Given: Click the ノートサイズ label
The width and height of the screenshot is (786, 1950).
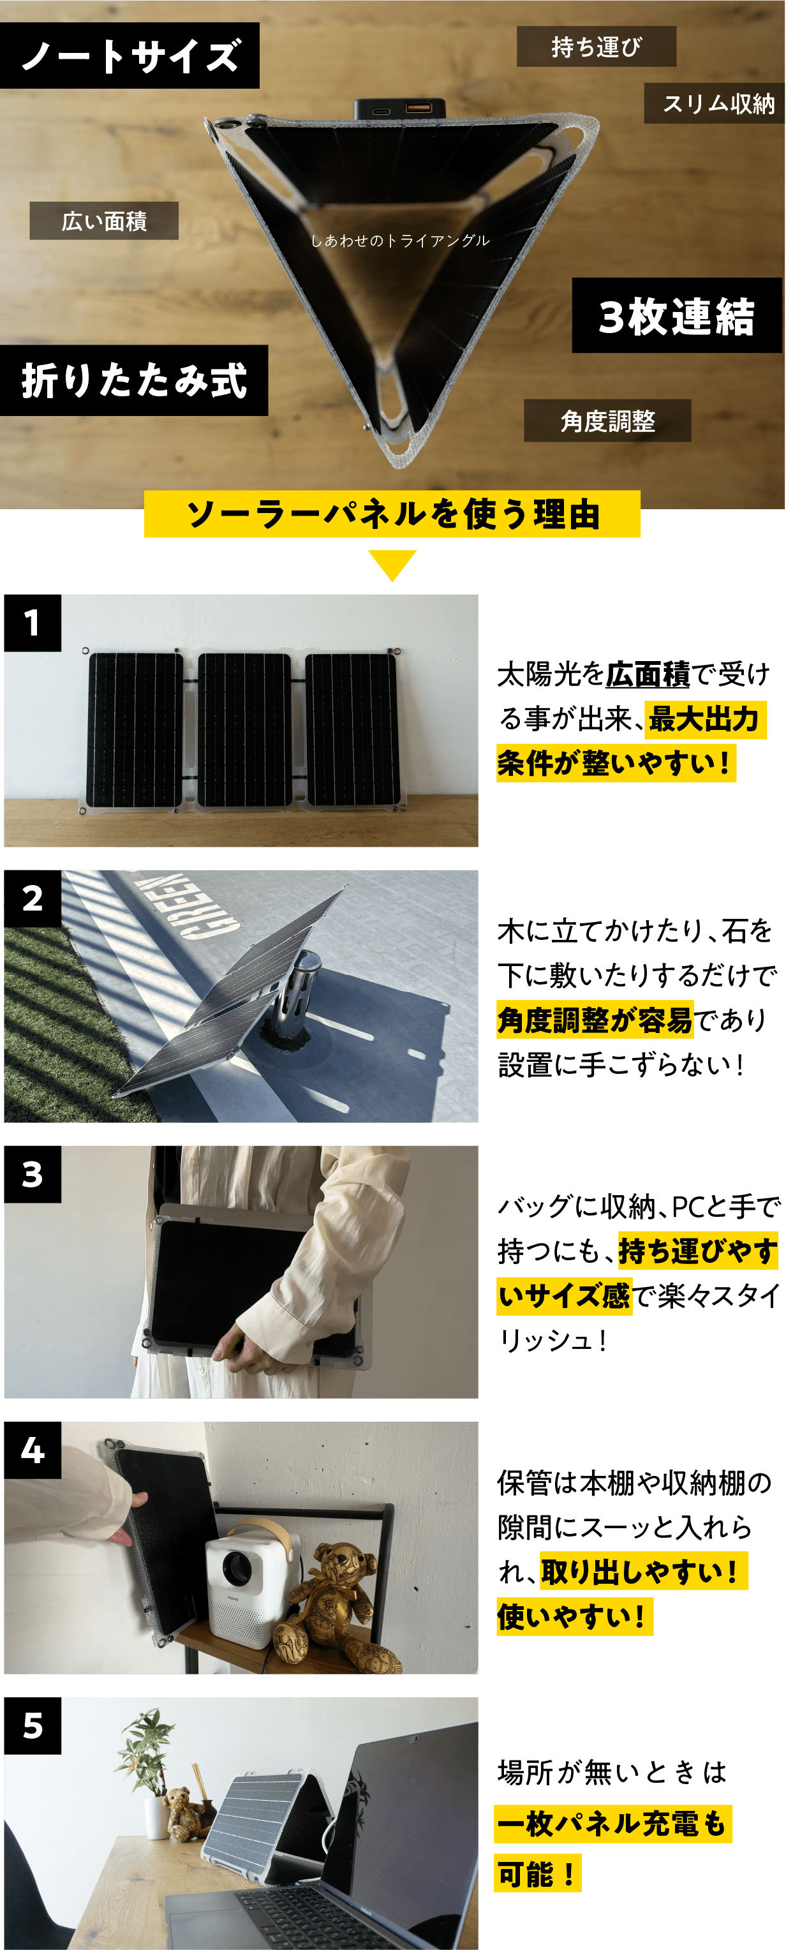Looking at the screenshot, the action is pos(130,56).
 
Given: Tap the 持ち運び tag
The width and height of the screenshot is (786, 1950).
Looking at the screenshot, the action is pos(596,46).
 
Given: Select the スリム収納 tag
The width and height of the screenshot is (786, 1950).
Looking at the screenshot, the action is pos(714,103).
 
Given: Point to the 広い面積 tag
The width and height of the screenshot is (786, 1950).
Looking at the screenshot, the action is pos(104,220).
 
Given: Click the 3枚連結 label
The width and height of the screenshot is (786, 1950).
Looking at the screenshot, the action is pos(676,315).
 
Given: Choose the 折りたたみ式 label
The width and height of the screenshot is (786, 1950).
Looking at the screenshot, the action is pos(134,380).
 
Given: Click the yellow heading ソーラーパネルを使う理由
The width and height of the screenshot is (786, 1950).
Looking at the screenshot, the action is pos(392,514).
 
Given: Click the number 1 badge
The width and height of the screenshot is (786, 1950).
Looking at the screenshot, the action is pos(33,623).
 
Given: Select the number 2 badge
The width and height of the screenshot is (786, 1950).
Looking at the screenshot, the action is pos(33,898).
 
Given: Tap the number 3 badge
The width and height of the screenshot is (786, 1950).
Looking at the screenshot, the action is pos(33,1174).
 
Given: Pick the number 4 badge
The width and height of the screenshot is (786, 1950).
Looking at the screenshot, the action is pos(33,1450).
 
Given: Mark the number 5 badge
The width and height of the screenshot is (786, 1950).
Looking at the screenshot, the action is pos(33,1726).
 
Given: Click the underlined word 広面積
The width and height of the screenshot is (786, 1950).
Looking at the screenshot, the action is pos(648,673).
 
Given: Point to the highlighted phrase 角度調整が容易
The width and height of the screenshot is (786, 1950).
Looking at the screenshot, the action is pos(595,1020).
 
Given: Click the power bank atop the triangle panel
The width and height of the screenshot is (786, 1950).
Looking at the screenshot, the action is pos(401,109).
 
